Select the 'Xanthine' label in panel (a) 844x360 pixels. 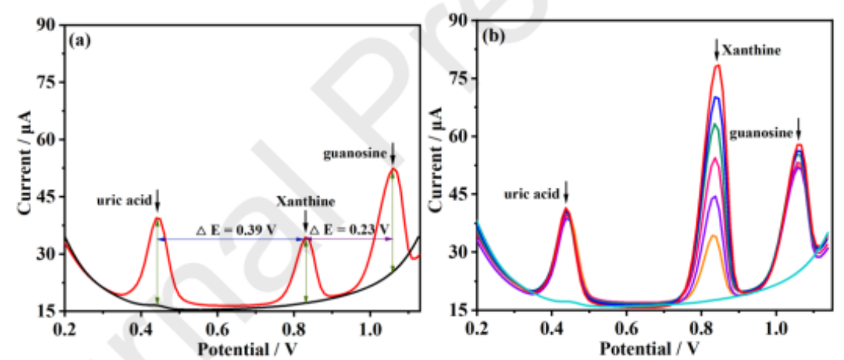306,202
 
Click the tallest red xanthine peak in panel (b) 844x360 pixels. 717,66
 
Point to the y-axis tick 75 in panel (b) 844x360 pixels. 461,79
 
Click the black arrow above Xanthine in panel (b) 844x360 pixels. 716,49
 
